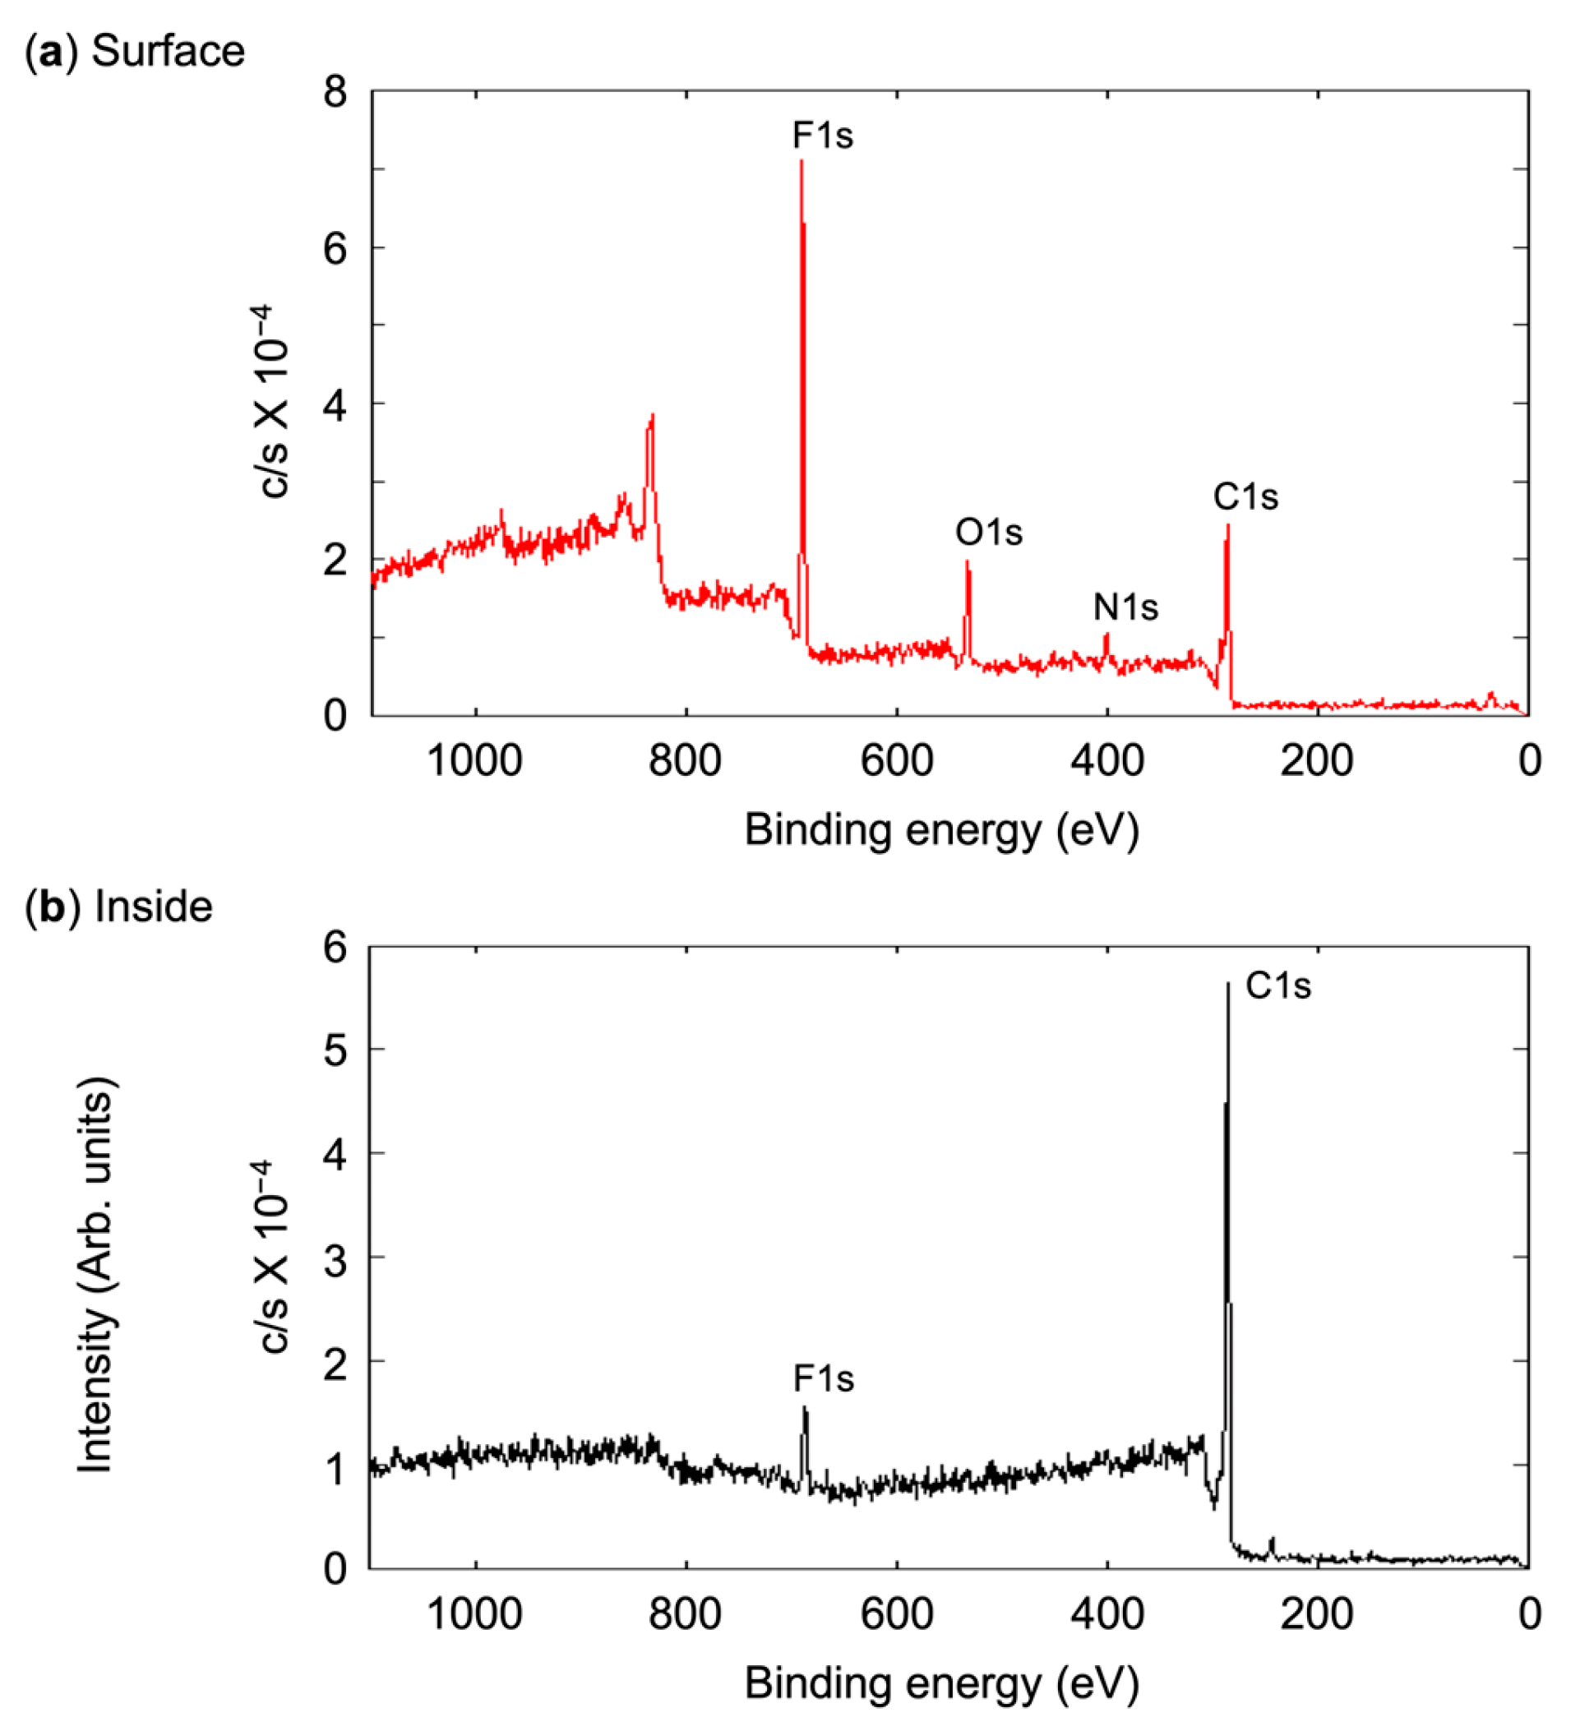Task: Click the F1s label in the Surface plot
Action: point(823,136)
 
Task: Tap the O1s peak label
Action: point(988,533)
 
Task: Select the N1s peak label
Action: point(1125,608)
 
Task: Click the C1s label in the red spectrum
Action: point(1245,497)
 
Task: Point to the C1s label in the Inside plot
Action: point(1277,986)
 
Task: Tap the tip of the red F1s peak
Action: point(802,161)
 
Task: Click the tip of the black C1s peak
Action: point(1228,984)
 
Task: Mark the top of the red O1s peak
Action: point(967,562)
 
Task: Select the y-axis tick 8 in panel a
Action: point(335,91)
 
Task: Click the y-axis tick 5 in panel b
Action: point(335,1050)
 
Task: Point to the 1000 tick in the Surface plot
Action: point(475,761)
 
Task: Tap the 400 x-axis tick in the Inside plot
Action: point(1106,1615)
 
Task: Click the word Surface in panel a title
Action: point(168,51)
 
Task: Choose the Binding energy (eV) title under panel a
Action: point(941,831)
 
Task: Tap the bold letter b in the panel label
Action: point(53,907)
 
